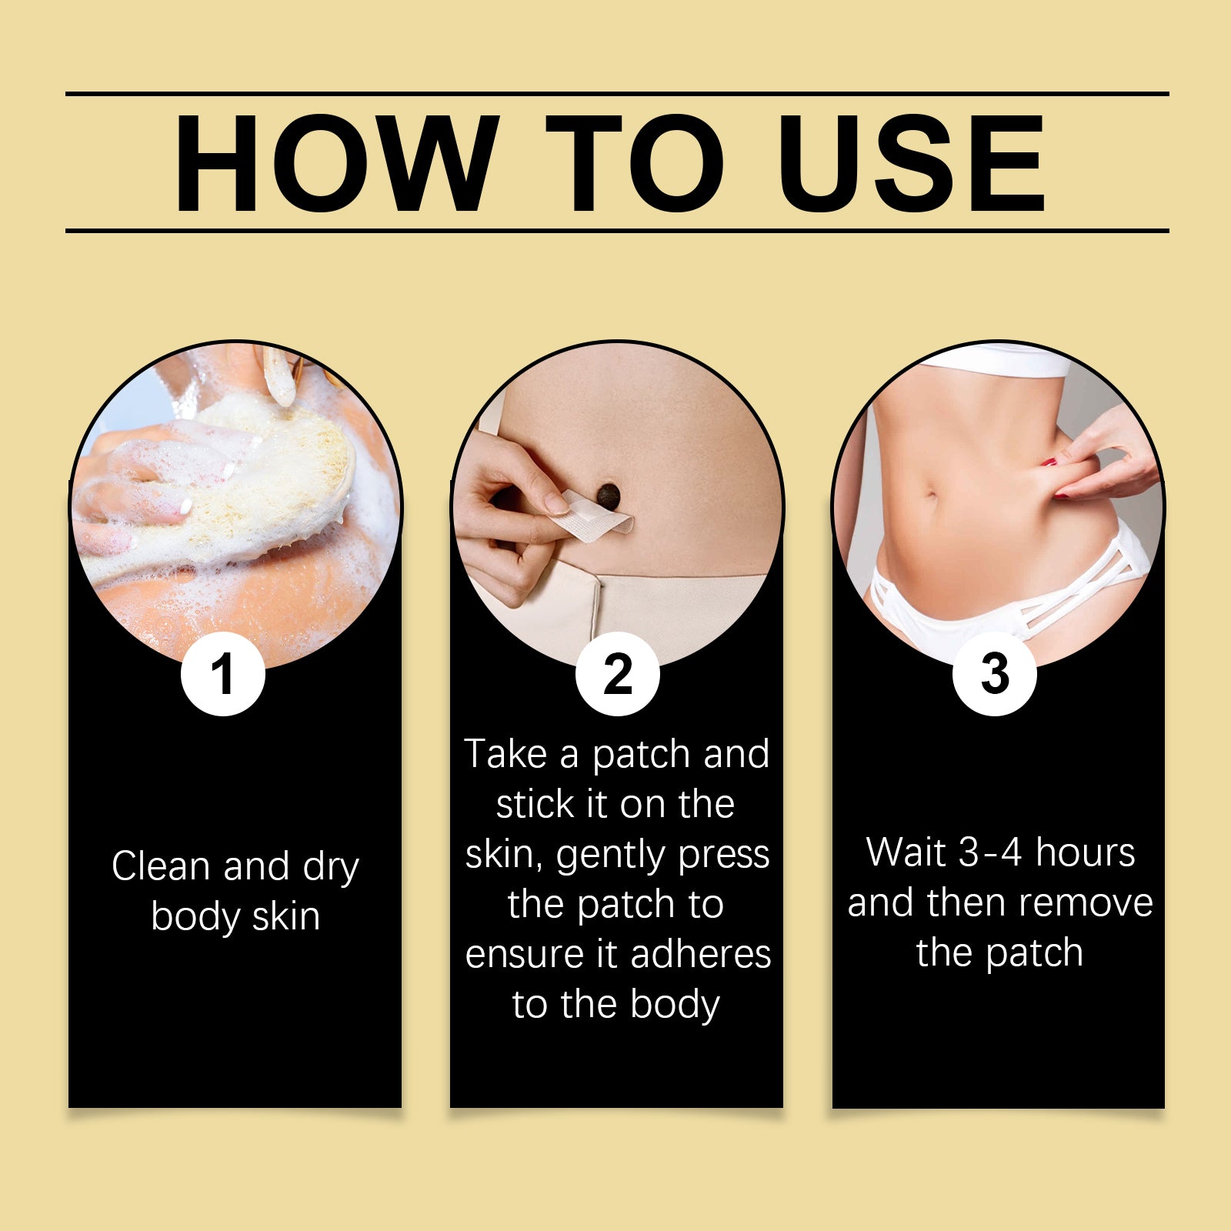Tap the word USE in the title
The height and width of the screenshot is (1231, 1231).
[x=911, y=163]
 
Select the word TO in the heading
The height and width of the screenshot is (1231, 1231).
[x=634, y=163]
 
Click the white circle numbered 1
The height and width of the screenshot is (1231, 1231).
[x=223, y=674]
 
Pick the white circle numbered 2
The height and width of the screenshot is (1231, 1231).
[x=617, y=674]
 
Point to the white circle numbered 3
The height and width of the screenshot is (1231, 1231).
[x=994, y=674]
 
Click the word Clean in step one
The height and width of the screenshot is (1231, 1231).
[x=161, y=866]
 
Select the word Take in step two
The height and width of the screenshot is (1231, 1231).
[x=506, y=754]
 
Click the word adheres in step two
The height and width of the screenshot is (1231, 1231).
[x=700, y=955]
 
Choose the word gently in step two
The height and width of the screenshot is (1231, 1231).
[x=600, y=856]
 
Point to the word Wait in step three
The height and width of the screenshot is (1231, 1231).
[x=906, y=852]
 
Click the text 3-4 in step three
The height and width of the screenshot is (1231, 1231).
[x=990, y=852]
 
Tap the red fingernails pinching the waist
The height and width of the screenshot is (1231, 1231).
[x=1050, y=463]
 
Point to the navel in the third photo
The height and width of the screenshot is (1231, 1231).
[x=932, y=499]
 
